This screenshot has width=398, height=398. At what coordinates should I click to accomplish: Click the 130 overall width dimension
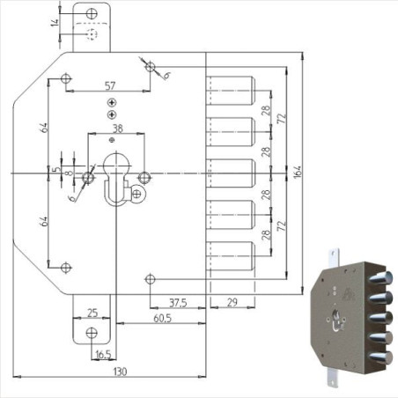tap(121, 372)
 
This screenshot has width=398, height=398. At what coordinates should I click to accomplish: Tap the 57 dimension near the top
tap(109, 85)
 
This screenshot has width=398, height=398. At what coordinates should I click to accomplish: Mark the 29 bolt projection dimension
tap(232, 302)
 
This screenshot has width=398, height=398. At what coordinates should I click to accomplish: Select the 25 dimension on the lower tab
tap(92, 312)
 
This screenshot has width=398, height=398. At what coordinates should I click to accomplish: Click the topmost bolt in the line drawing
tap(232, 90)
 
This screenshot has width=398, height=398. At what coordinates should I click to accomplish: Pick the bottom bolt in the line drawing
tap(232, 256)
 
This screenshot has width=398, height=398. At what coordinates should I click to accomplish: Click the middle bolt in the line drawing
tap(232, 173)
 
